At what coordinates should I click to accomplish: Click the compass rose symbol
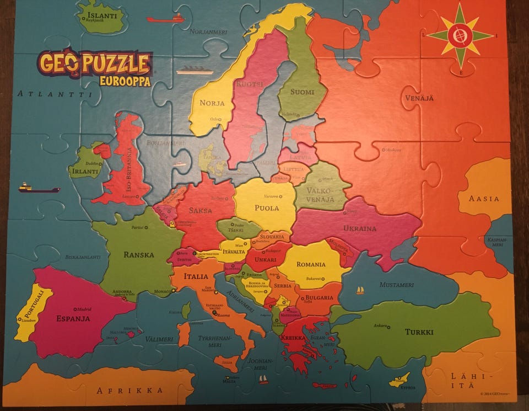point(460,36)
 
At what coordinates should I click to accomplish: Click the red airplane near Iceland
point(165,19)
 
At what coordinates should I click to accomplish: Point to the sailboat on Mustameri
point(360,290)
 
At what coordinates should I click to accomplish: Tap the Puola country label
point(267,208)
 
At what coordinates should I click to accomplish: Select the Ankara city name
point(379,325)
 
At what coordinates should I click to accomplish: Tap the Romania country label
point(311,264)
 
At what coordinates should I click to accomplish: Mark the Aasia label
point(483,199)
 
